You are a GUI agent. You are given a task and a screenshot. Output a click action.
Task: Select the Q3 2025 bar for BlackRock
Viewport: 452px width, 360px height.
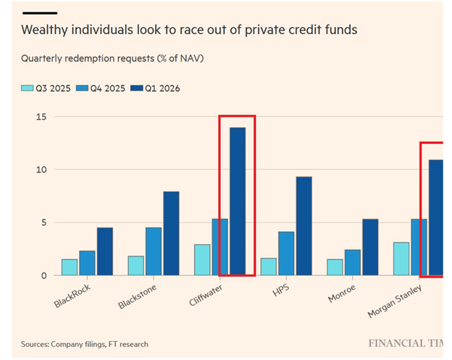tap(70, 267)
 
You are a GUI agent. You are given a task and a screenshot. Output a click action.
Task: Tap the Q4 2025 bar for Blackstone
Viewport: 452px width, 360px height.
tap(154, 251)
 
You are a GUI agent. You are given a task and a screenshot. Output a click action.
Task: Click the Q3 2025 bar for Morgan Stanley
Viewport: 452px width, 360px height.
tap(401, 259)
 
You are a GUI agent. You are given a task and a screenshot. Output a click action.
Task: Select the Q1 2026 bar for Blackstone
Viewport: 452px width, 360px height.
tap(171, 233)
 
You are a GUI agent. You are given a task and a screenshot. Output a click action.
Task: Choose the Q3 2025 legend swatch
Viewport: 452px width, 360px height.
tap(27, 88)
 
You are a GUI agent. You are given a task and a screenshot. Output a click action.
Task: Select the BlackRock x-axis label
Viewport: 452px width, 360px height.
tap(73, 293)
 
